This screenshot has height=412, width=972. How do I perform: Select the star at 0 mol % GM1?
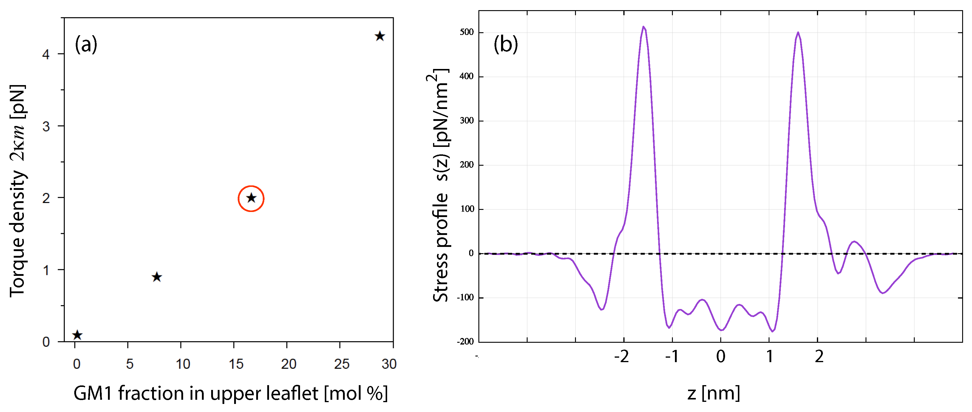click(77, 335)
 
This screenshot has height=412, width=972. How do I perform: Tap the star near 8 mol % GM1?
click(157, 277)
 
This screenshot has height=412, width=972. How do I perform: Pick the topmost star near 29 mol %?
click(380, 36)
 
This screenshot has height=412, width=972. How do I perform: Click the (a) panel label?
click(86, 44)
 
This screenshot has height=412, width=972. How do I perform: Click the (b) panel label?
click(506, 44)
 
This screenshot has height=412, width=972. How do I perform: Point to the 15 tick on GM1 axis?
click(236, 364)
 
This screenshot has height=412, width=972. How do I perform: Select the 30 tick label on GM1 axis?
click(389, 364)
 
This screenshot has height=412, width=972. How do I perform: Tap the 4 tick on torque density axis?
click(46, 55)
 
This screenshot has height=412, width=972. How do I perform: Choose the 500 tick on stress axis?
click(467, 33)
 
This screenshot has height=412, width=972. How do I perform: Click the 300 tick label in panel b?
click(467, 121)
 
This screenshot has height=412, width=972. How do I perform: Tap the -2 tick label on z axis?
click(622, 356)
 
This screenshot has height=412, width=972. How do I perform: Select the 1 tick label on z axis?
click(770, 356)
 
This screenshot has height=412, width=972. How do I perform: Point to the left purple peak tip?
click(644, 27)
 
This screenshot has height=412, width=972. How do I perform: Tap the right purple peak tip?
click(798, 33)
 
